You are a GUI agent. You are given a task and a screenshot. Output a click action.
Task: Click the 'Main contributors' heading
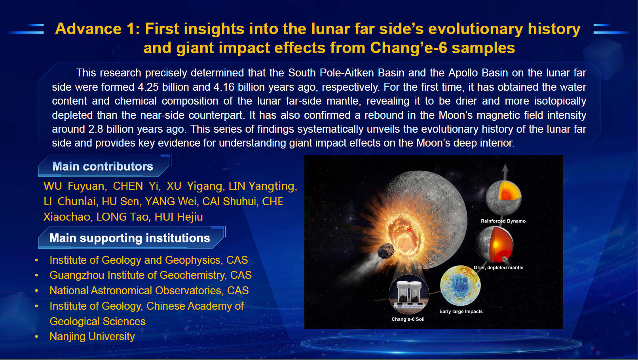click(x=103, y=166)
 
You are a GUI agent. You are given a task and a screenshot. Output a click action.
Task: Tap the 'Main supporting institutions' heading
click(x=129, y=238)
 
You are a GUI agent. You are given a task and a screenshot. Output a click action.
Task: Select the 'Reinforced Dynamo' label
click(x=503, y=221)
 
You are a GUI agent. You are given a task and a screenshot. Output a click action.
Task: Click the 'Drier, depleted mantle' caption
click(x=498, y=267)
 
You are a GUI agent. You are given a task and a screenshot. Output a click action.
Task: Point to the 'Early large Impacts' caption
click(x=461, y=311)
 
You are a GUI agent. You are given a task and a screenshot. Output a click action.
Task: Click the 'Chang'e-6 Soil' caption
click(x=408, y=319)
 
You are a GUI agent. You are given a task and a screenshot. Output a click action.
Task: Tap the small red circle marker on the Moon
click(x=409, y=229)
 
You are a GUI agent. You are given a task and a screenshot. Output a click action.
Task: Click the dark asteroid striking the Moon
click(x=386, y=251)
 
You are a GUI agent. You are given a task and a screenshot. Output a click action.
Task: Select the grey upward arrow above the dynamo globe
click(x=505, y=172)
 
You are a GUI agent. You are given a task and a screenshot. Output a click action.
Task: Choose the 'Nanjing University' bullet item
click(x=92, y=337)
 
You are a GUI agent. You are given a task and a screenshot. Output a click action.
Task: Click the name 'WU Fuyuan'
click(x=74, y=186)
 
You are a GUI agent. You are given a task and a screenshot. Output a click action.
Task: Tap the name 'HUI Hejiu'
click(x=178, y=217)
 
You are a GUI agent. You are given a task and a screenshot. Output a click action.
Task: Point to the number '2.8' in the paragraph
click(x=95, y=129)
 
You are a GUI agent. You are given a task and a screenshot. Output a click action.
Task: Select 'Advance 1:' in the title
click(x=97, y=29)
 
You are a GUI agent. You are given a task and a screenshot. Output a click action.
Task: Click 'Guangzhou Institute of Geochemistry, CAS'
click(x=151, y=275)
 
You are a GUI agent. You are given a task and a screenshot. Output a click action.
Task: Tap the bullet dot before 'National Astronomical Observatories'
click(x=36, y=291)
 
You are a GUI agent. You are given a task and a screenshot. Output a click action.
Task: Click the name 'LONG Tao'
click(x=122, y=217)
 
